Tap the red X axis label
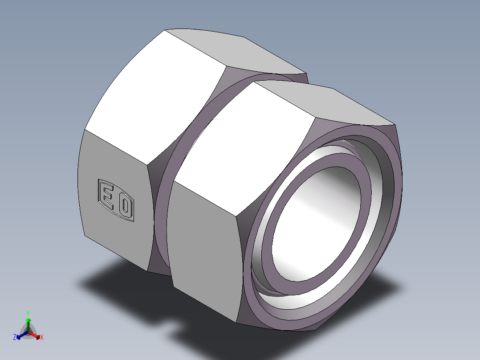click(x=42, y=338)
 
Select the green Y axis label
click(x=28, y=313)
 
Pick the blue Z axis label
click(x=15, y=338)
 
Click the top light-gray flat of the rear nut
click(x=236, y=49)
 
